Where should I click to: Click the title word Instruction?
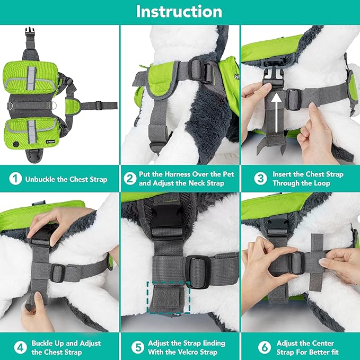180,12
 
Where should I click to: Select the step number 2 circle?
130,179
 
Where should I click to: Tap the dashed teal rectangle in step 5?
168,299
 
